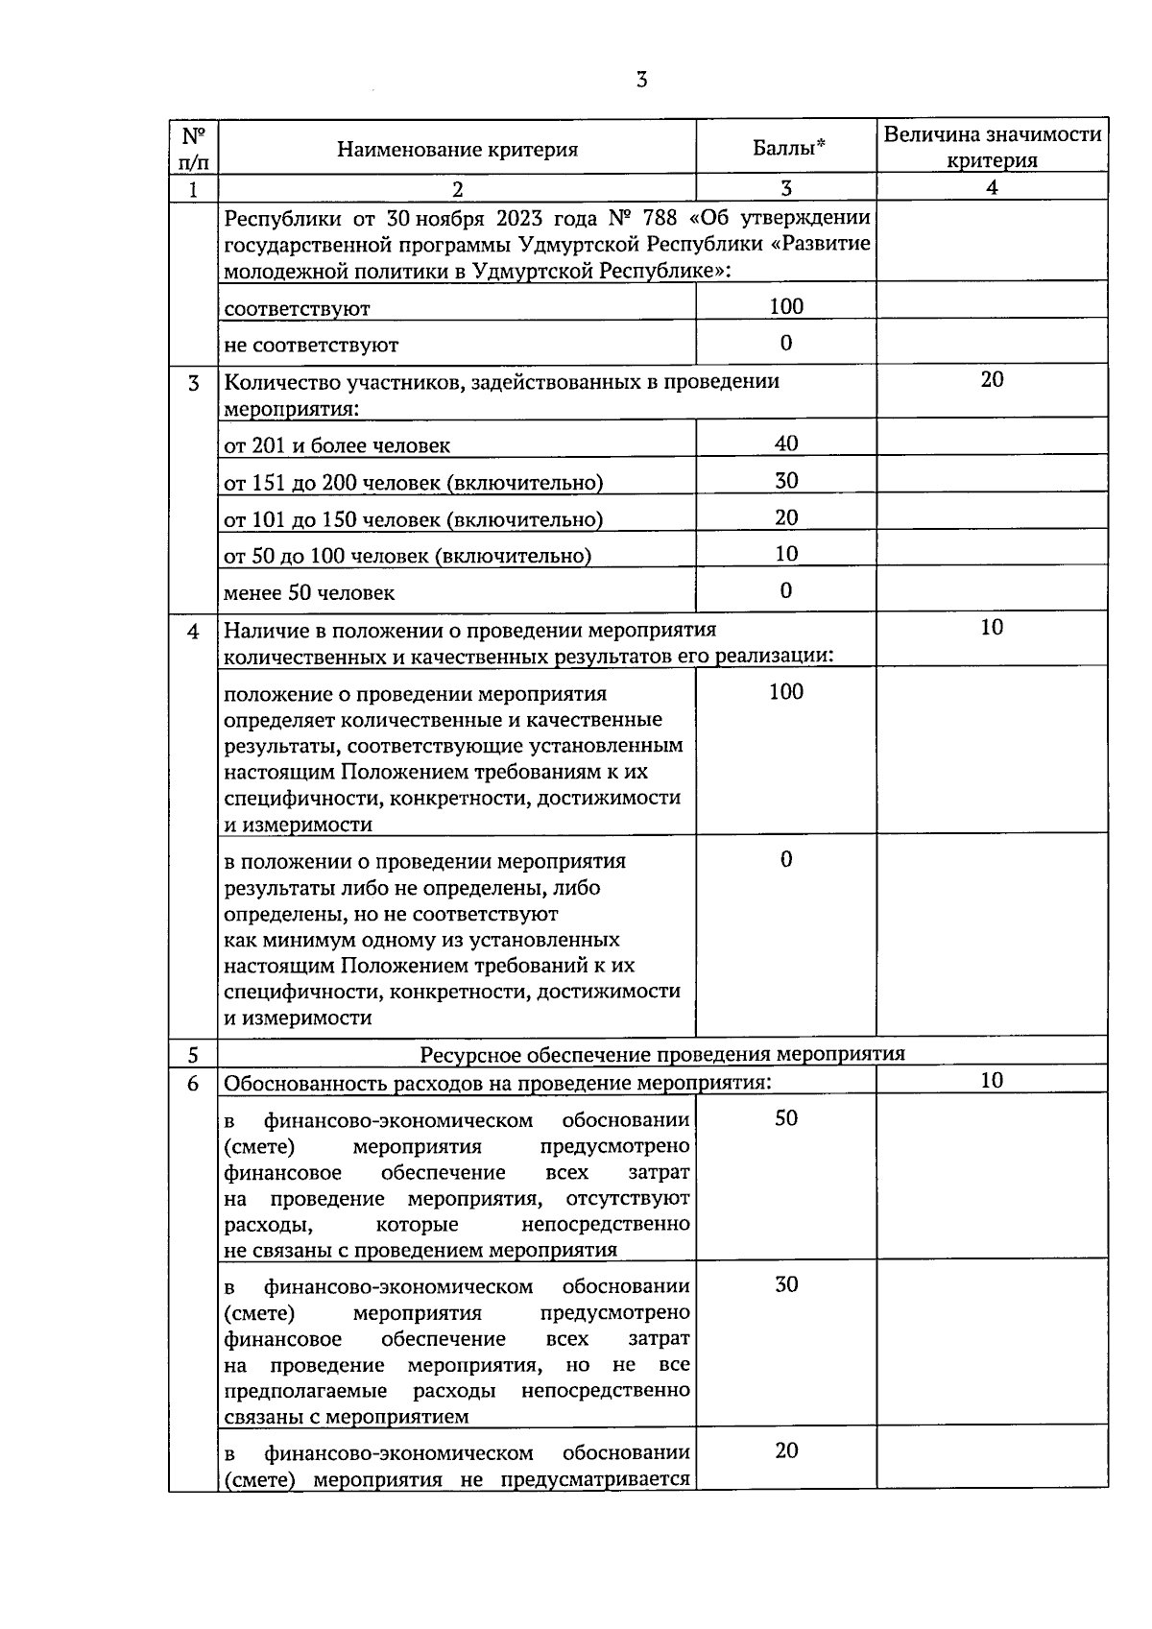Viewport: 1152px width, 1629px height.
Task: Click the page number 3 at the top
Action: [641, 80]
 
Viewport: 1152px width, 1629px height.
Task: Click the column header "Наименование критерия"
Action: [457, 149]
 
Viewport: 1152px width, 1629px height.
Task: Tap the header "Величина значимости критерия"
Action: [992, 147]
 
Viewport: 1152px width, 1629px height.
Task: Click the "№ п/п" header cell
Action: [194, 147]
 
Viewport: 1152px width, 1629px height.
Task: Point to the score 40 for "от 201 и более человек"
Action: [786, 443]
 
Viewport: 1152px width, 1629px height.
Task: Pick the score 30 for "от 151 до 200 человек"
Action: [786, 481]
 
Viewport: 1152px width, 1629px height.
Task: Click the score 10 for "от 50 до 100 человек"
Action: [786, 554]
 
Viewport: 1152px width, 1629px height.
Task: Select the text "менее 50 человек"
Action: [309, 593]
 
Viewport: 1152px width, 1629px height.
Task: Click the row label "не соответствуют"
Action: [311, 345]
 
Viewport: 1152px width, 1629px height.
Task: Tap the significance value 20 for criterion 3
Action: [992, 380]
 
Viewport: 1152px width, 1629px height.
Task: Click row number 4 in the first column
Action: [194, 632]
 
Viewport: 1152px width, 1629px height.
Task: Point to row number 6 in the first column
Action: [194, 1083]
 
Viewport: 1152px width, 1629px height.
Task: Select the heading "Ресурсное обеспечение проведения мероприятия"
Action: [662, 1054]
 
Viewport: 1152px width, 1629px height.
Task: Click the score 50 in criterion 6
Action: [786, 1118]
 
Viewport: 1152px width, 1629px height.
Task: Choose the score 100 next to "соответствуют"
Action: [786, 306]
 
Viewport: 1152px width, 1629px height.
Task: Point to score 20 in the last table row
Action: [786, 1450]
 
